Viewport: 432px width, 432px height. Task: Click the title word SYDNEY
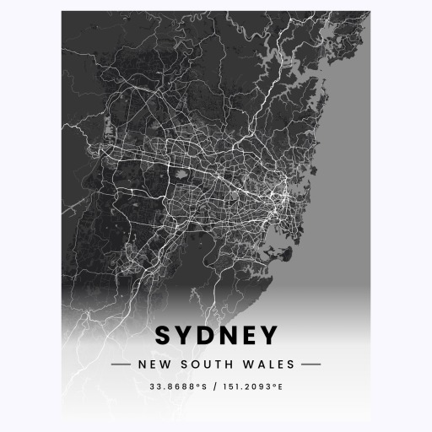pyautogui.click(x=216, y=336)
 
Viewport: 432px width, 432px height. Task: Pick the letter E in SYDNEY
pyautogui.click(x=248, y=336)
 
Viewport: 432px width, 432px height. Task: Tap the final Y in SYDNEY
pyautogui.click(x=267, y=336)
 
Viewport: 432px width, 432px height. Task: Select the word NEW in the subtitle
pyautogui.click(x=151, y=364)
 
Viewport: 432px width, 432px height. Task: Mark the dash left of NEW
pyautogui.click(x=121, y=364)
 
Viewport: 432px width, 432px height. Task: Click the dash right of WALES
pyautogui.click(x=310, y=364)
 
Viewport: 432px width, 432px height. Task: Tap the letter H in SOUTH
pyautogui.click(x=226, y=364)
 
